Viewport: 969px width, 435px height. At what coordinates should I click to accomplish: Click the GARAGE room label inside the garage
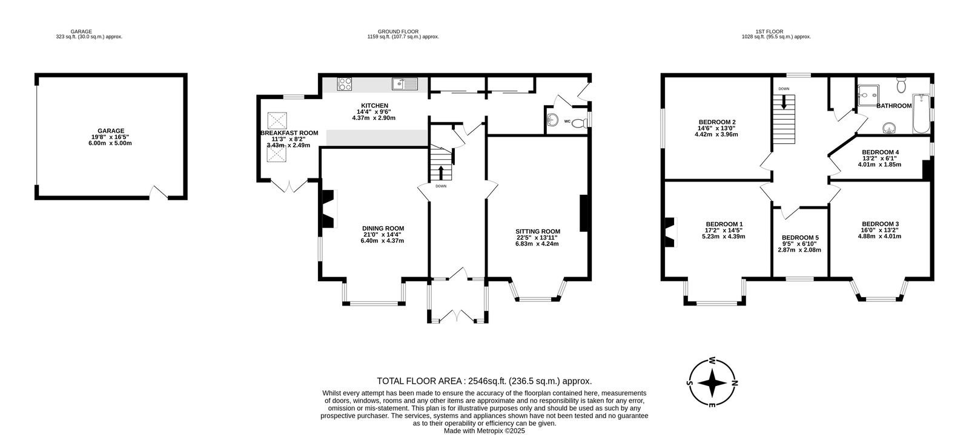[x=111, y=131]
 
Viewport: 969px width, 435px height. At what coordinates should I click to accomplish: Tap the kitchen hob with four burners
[x=345, y=84]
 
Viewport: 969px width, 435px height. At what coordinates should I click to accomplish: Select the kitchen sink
[x=405, y=84]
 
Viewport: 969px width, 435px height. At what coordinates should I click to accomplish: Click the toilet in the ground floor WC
[x=580, y=123]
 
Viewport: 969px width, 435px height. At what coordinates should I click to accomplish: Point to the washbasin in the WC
[x=552, y=119]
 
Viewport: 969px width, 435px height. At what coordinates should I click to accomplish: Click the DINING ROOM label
[x=383, y=229]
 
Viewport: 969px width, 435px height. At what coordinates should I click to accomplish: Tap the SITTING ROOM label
[x=538, y=232]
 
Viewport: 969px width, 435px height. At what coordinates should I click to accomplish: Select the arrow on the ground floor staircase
[x=441, y=172]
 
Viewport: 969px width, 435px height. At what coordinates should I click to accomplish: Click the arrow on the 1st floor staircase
[x=784, y=102]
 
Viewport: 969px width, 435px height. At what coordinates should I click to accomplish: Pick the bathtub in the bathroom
[x=921, y=114]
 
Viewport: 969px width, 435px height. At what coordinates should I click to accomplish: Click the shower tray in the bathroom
[x=868, y=96]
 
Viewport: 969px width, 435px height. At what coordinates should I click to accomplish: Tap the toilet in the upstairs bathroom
[x=902, y=85]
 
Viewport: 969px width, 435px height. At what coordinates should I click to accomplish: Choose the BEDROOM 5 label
[x=800, y=238]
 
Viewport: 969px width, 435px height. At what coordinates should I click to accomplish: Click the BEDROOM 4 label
[x=881, y=152]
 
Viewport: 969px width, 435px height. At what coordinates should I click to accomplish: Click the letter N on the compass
[x=734, y=383]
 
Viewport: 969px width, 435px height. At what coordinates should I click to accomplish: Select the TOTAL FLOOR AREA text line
[x=484, y=381]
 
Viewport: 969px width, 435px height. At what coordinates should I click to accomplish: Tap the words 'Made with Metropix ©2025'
[x=484, y=431]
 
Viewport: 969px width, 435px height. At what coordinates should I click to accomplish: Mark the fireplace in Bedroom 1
[x=670, y=232]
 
